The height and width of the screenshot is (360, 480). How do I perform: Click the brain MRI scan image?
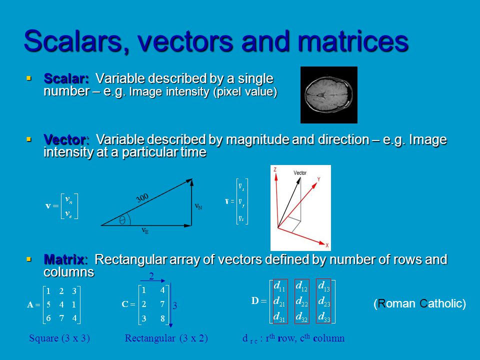point(328,94)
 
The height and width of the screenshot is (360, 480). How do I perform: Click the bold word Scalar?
point(66,79)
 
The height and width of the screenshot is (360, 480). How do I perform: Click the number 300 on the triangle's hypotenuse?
point(142,198)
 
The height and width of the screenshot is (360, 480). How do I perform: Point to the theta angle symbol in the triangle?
point(122,220)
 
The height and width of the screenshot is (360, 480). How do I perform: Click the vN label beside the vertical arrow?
point(198,205)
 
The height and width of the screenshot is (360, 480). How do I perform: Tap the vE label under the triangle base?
point(145,231)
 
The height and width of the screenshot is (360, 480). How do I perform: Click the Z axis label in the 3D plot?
point(275,170)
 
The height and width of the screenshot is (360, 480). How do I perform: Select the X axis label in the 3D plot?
point(327,245)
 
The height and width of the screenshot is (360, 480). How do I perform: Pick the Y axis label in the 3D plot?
point(318,178)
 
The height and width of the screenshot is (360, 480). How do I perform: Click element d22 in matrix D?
point(301,301)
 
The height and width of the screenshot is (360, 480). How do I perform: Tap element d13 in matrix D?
point(323,286)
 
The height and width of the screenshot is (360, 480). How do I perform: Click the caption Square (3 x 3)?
point(59,338)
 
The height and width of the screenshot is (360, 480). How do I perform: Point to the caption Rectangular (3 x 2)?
point(166,338)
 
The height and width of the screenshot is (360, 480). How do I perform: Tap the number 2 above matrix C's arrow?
point(151,276)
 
